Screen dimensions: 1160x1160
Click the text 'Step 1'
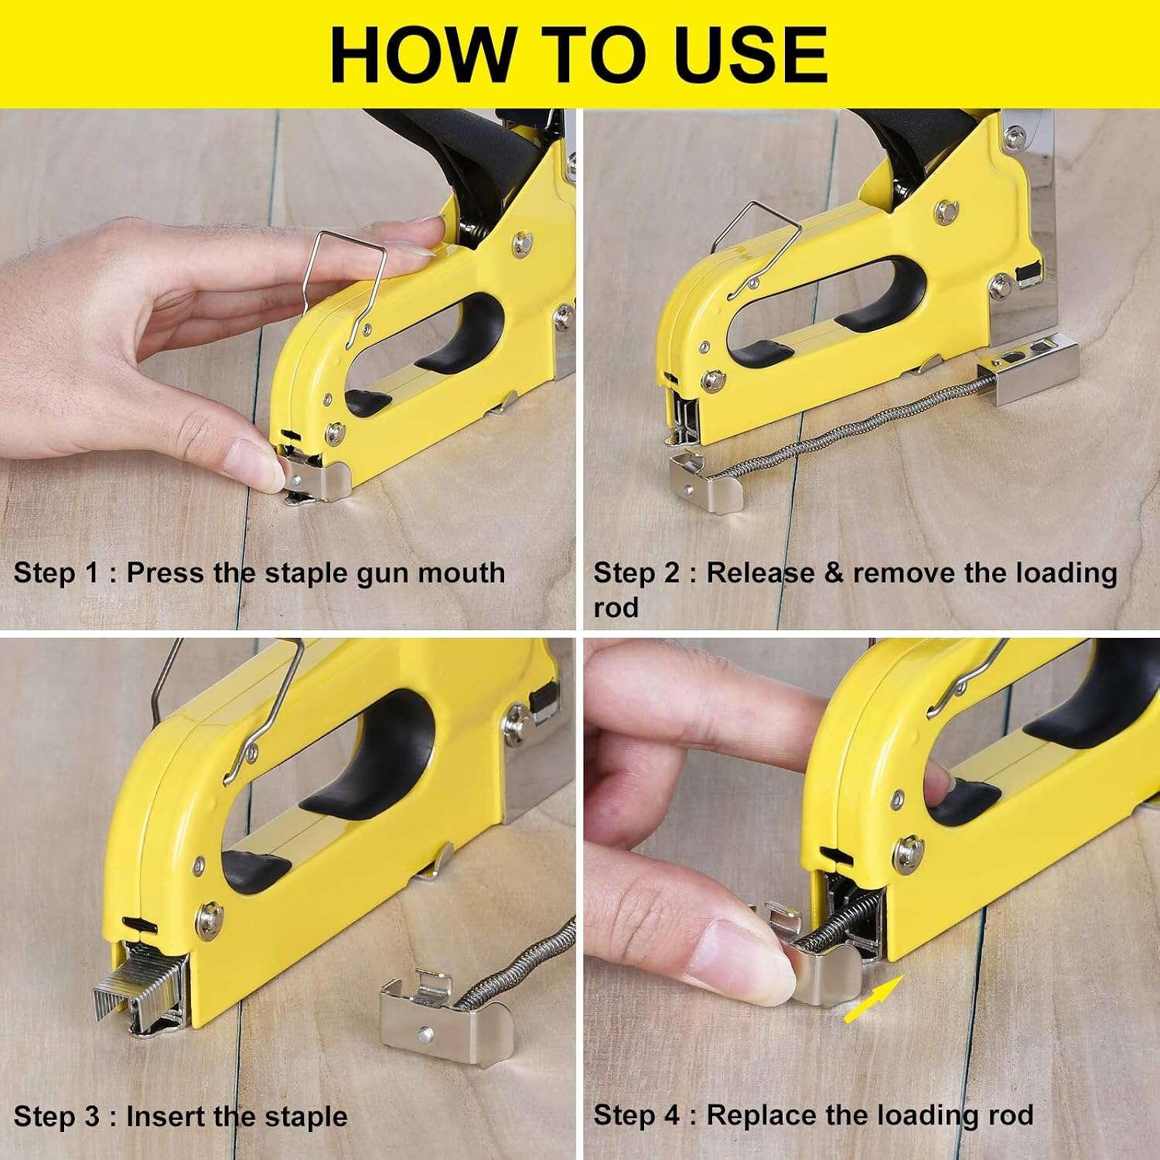point(56,574)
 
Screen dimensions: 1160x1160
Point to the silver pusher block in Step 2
point(1028,370)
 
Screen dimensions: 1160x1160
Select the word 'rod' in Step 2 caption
point(616,609)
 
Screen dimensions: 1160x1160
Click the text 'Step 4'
point(636,1116)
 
